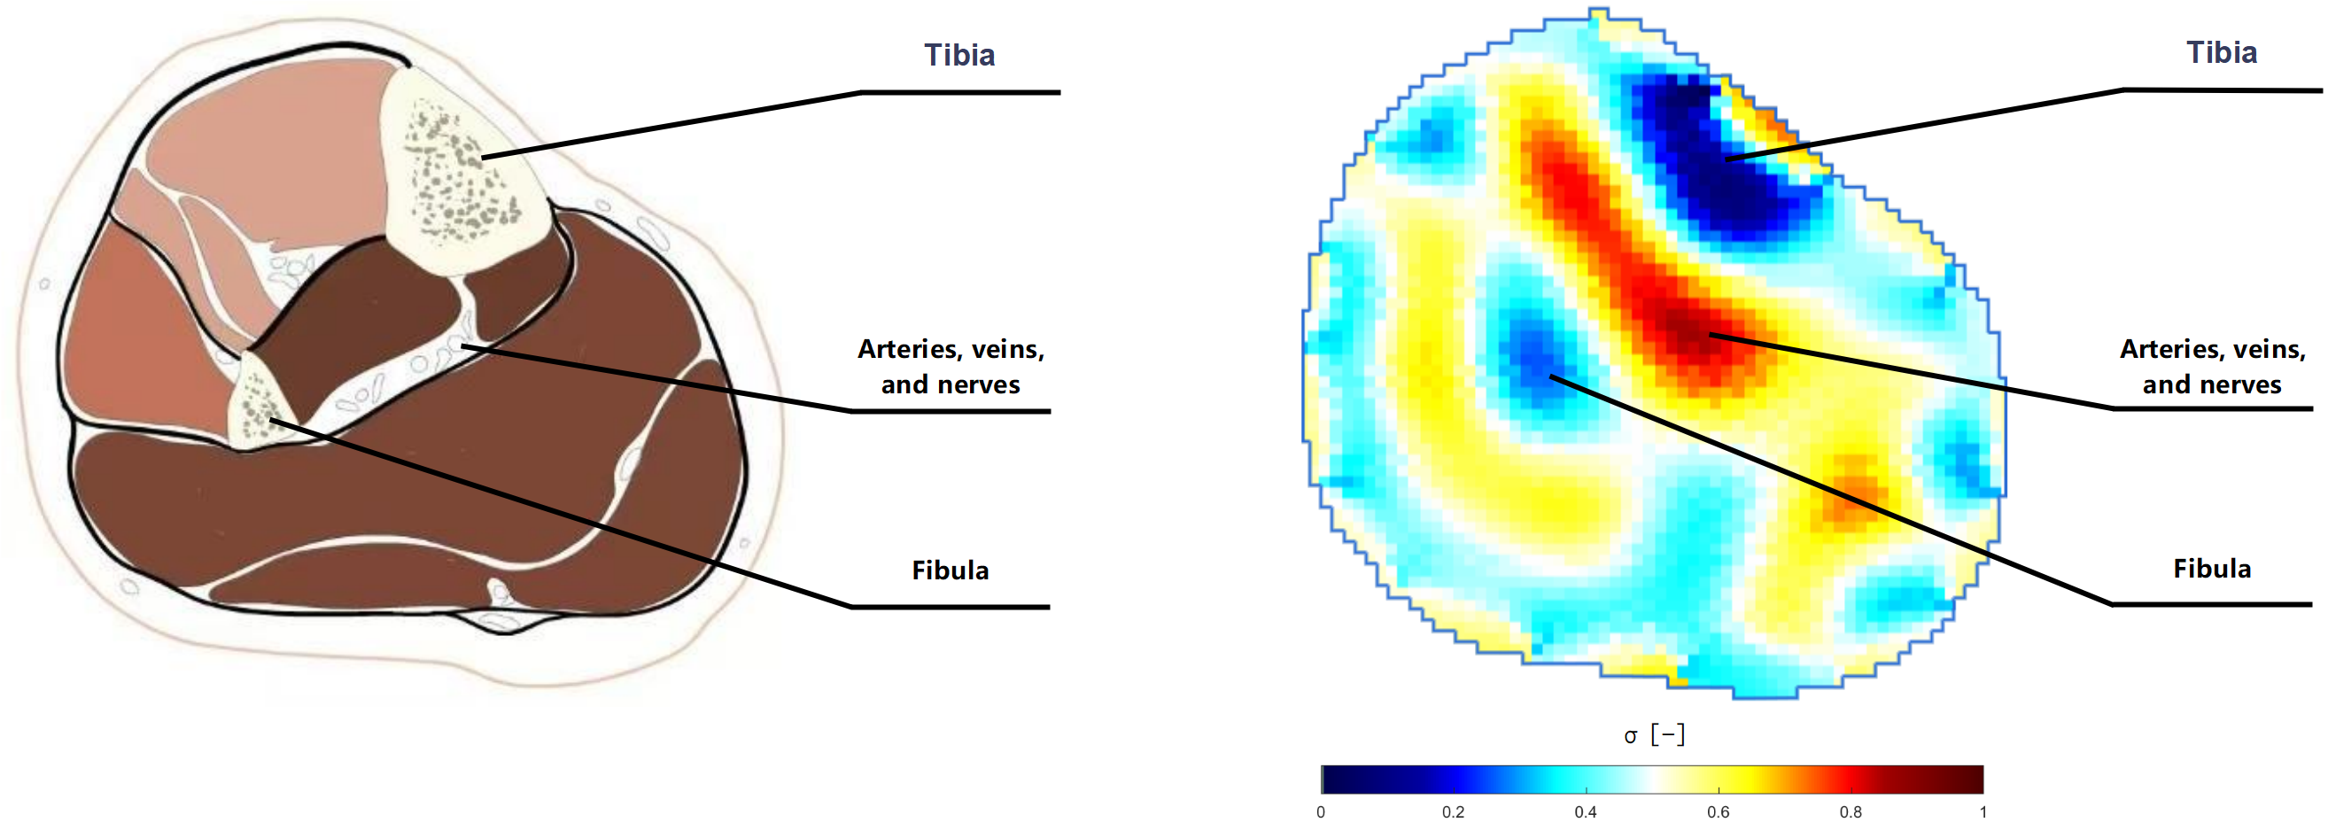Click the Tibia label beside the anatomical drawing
[x=958, y=55]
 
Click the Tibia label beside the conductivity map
[x=2222, y=52]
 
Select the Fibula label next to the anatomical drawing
[x=950, y=570]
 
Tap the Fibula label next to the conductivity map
[x=2211, y=569]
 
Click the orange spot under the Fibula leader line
[x=1852, y=493]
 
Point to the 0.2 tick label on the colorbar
[x=1452, y=812]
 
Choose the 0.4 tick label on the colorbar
[x=1585, y=812]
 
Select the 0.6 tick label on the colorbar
[x=1718, y=812]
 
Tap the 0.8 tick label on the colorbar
[x=1850, y=812]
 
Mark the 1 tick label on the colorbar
[x=1983, y=812]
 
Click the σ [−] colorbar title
[x=1654, y=735]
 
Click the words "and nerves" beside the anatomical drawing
[x=950, y=385]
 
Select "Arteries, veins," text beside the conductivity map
[x=2212, y=349]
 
